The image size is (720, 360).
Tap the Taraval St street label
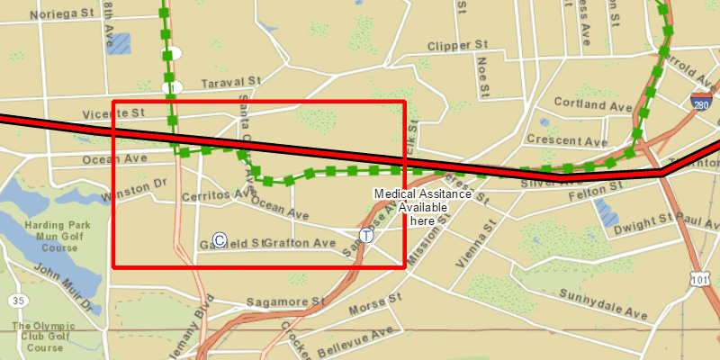[x=229, y=82]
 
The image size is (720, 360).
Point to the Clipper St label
[x=457, y=45]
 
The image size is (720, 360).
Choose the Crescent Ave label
[x=567, y=140]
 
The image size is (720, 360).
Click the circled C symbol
[x=219, y=240]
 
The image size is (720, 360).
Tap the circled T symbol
[x=366, y=235]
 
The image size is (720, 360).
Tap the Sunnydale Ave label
[x=603, y=305]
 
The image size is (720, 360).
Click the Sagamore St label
[x=284, y=302]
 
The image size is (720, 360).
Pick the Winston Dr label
[x=135, y=190]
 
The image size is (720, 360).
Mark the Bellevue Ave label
[x=356, y=340]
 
